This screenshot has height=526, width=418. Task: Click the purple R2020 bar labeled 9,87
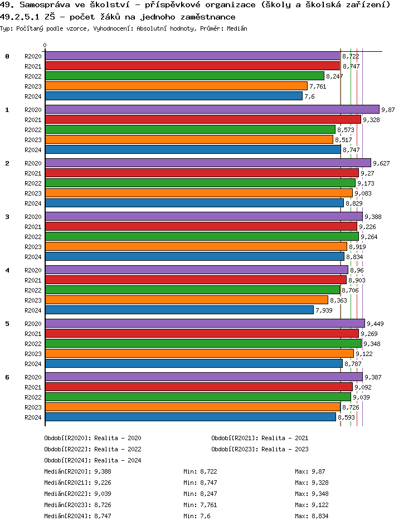pyautogui.click(x=212, y=110)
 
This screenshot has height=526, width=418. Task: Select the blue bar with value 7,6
pyautogui.click(x=173, y=96)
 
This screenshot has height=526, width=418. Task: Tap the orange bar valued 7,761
pyautogui.click(x=176, y=86)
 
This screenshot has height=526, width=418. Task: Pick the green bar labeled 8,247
pyautogui.click(x=184, y=76)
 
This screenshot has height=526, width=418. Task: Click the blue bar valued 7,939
pyautogui.click(x=179, y=310)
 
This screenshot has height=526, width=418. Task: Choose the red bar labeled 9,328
pyautogui.click(x=203, y=120)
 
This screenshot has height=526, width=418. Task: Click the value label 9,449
pyautogui.click(x=375, y=324)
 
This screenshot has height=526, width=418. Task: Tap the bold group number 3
pyautogui.click(x=7, y=217)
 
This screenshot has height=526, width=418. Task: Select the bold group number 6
pyautogui.click(x=7, y=377)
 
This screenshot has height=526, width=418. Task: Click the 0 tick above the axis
pyautogui.click(x=45, y=46)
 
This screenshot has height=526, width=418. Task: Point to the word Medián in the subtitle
pyautogui.click(x=237, y=28)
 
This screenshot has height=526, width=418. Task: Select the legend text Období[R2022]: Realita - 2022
pyautogui.click(x=93, y=449)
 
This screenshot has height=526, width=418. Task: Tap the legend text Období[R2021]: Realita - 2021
pyautogui.click(x=260, y=439)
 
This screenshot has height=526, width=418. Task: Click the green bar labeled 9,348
pyautogui.click(x=203, y=344)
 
